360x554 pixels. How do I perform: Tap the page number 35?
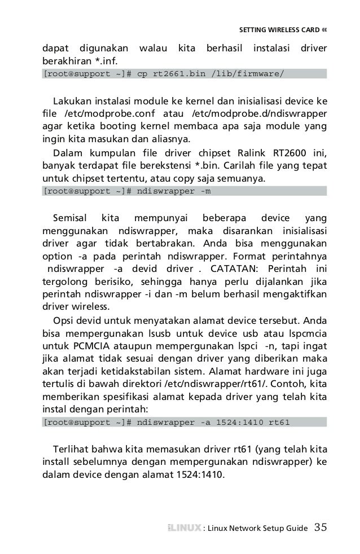point(320,528)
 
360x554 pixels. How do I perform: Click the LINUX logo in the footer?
point(184,529)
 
